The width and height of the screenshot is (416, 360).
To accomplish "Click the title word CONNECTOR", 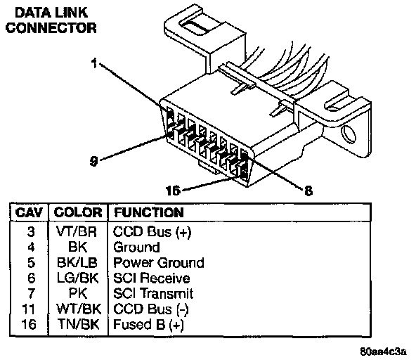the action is coord(51,28).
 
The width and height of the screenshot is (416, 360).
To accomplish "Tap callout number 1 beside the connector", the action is coord(94,63).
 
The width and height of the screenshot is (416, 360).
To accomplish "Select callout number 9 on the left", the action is coord(93,161).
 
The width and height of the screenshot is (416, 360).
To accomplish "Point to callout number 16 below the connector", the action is coord(173,191).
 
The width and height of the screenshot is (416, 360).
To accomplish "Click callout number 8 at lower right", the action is coord(308,191).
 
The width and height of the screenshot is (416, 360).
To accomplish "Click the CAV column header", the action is coord(29,212).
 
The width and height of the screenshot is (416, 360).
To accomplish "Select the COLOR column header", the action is coord(78,212).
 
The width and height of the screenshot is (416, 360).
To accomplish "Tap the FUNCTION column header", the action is coord(149,212).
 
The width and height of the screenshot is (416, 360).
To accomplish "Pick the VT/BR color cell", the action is coord(77,231).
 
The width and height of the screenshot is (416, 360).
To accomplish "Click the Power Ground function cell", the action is coord(159,262).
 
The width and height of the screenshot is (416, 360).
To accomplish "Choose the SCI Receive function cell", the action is coord(152,278).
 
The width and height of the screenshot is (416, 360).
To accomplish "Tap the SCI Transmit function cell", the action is coord(153,293).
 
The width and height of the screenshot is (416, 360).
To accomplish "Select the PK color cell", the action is coord(78,293).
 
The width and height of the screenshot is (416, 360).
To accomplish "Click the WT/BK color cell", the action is coord(79,309).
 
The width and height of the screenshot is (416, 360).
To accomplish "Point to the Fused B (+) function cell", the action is coord(148,324).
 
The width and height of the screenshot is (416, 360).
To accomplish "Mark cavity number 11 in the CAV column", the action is coord(29,309).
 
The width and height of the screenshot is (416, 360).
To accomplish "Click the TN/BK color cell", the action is coord(79,324).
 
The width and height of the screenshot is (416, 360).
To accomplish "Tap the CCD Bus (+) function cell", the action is coord(152,232).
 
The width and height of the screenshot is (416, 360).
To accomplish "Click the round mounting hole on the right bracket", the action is coord(349,134).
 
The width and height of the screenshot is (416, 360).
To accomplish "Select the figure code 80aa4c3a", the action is coord(383,352).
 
